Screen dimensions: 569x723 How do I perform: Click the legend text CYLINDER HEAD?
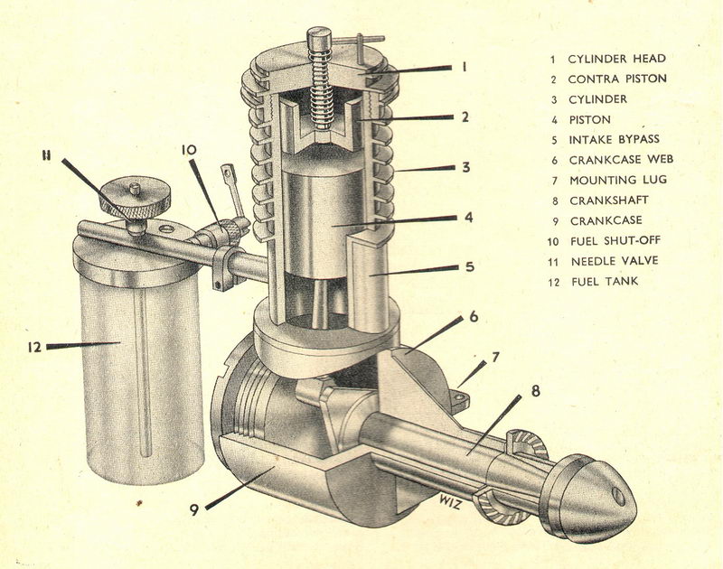(x=616, y=59)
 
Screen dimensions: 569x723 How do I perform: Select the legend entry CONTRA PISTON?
(x=617, y=79)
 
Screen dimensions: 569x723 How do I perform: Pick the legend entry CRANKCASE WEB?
(x=620, y=160)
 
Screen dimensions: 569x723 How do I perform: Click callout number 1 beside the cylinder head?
(x=464, y=66)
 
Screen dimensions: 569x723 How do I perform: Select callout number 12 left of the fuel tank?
(x=34, y=345)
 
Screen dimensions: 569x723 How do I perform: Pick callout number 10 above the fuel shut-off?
(x=188, y=150)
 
